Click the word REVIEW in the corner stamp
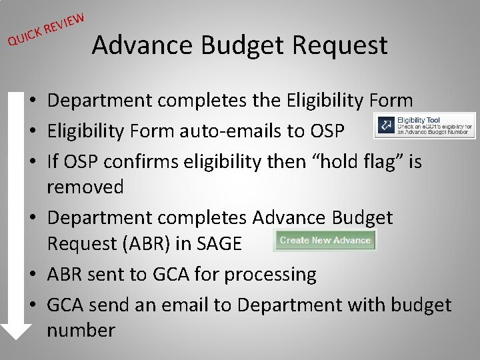click(x=65, y=21)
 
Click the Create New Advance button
click(x=325, y=240)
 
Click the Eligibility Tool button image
click(x=425, y=125)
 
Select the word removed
click(x=85, y=187)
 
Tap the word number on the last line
click(x=81, y=330)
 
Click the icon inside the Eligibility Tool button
click(x=385, y=125)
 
